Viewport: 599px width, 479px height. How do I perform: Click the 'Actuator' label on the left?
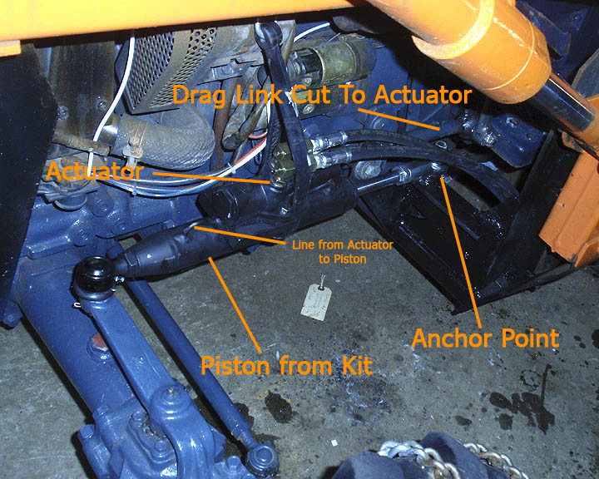[x=94, y=171]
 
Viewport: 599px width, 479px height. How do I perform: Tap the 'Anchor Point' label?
[x=486, y=338]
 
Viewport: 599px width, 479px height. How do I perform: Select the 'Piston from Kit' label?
[x=286, y=365]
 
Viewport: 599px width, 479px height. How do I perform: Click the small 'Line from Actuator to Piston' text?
[x=343, y=252]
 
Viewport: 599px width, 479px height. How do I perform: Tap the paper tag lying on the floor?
[x=316, y=301]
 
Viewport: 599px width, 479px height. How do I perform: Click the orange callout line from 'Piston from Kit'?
[x=235, y=304]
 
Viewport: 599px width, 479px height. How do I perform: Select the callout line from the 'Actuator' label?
[x=212, y=178]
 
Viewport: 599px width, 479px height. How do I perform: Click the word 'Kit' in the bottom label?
[x=357, y=365]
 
